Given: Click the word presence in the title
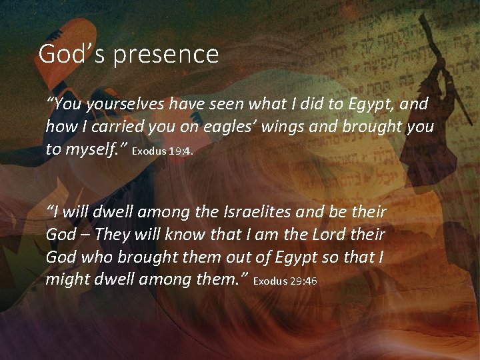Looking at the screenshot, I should [x=166, y=55].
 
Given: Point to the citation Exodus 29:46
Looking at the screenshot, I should [x=285, y=281].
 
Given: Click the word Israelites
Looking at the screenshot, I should [x=247, y=212].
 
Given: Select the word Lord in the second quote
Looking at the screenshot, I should [x=332, y=234].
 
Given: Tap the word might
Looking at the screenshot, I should [x=65, y=279].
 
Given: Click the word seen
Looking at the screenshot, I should [x=226, y=104].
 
